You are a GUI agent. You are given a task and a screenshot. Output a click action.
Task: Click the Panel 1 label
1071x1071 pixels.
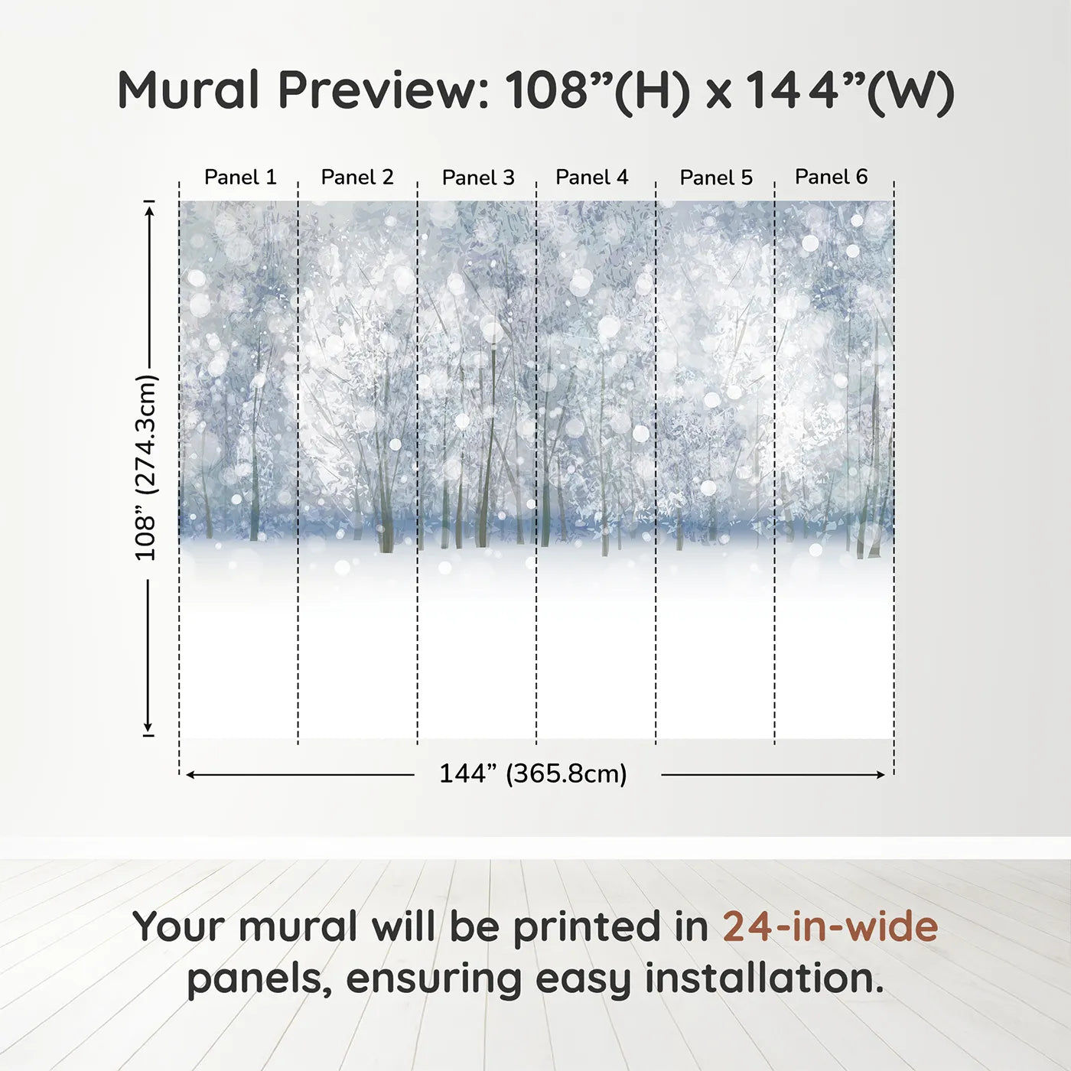point(240,177)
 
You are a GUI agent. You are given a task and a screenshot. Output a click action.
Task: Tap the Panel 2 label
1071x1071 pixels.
point(357,177)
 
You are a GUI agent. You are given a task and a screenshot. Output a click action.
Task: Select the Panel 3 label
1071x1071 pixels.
point(478,178)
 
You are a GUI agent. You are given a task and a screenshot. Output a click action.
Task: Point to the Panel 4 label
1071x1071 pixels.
point(592,177)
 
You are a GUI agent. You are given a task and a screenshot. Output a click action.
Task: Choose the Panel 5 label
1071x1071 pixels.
point(716,178)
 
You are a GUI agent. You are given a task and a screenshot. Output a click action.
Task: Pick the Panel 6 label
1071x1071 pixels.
point(832,177)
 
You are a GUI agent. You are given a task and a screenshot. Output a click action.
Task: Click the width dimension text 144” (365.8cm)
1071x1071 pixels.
point(533,774)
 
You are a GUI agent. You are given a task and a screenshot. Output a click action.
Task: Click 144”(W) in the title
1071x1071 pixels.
point(849,90)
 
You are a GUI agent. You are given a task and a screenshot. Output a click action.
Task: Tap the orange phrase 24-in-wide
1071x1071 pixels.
point(830,926)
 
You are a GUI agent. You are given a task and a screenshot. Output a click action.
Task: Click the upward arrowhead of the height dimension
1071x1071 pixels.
point(149,208)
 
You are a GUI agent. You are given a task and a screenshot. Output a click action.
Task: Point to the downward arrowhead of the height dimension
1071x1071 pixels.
point(148,728)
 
